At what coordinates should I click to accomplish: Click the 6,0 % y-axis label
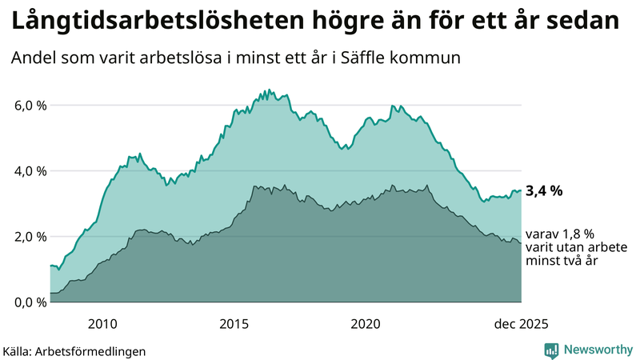click(x=30, y=105)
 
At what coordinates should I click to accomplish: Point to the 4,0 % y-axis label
click(x=30, y=170)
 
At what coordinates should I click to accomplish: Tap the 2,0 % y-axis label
click(x=30, y=236)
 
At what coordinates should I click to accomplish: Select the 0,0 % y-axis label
click(x=30, y=302)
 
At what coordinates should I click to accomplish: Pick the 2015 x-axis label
click(x=234, y=324)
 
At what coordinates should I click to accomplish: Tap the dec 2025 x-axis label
click(x=521, y=324)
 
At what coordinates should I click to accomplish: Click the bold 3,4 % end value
click(x=545, y=190)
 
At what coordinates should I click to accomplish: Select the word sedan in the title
click(x=586, y=21)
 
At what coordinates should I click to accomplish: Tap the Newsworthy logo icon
click(x=551, y=350)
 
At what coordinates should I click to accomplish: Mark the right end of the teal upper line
click(x=521, y=190)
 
